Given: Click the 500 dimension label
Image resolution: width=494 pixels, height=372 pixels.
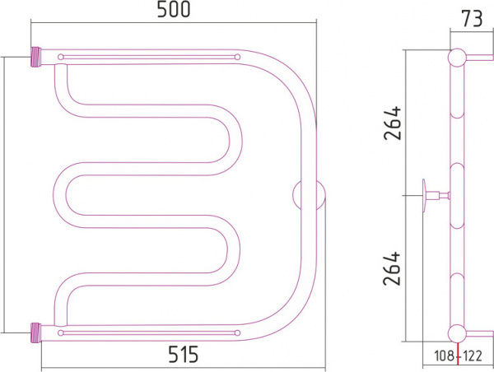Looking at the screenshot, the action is click(x=174, y=9).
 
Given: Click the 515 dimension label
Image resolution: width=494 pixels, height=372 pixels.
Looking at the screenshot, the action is click(x=183, y=354).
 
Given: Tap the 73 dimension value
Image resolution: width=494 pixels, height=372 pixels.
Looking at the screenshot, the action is click(x=472, y=19).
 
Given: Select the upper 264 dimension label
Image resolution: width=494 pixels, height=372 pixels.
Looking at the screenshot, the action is click(x=393, y=123).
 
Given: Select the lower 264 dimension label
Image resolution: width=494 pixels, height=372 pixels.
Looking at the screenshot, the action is click(x=392, y=268).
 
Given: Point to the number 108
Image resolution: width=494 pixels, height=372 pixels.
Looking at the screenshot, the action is click(x=445, y=356).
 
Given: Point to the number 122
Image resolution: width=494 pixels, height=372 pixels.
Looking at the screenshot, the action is click(x=472, y=356).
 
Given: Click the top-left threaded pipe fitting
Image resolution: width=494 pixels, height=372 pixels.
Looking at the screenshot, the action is click(x=35, y=57).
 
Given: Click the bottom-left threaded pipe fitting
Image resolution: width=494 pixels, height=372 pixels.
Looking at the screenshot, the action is click(x=36, y=332).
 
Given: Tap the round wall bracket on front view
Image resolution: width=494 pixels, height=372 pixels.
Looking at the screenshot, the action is click(x=309, y=195).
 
